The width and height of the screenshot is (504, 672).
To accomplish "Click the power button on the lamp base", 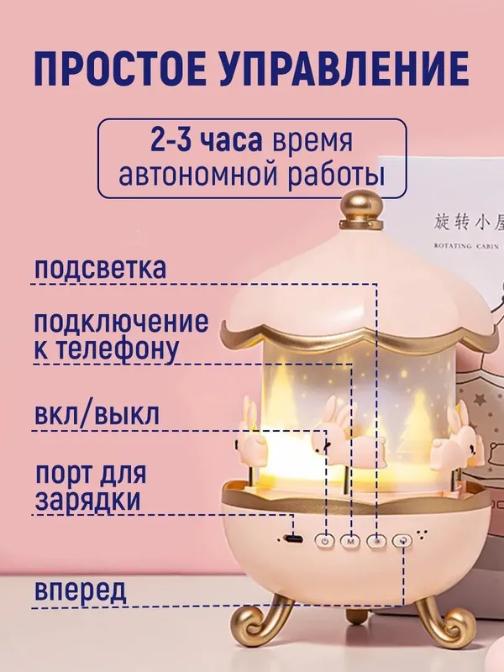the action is tap(325, 541).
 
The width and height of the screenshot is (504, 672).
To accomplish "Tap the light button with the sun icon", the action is tap(377, 541).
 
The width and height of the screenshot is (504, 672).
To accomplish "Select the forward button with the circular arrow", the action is tap(403, 540).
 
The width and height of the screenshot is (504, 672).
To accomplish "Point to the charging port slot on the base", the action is tap(293, 538).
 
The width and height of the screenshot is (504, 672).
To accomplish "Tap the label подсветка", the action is tap(100, 268).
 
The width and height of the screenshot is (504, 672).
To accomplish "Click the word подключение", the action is tap(121, 322).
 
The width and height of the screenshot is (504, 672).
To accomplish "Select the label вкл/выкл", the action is tap(97, 414).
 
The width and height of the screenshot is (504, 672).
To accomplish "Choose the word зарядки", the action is tap(88, 500).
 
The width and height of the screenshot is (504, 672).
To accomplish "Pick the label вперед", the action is tap(81, 590).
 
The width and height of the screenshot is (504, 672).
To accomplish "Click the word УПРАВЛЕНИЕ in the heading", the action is tap(346, 69).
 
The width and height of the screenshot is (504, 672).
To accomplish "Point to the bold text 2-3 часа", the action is tap(206, 140).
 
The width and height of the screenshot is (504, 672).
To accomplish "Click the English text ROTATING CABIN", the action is tap(466, 246).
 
